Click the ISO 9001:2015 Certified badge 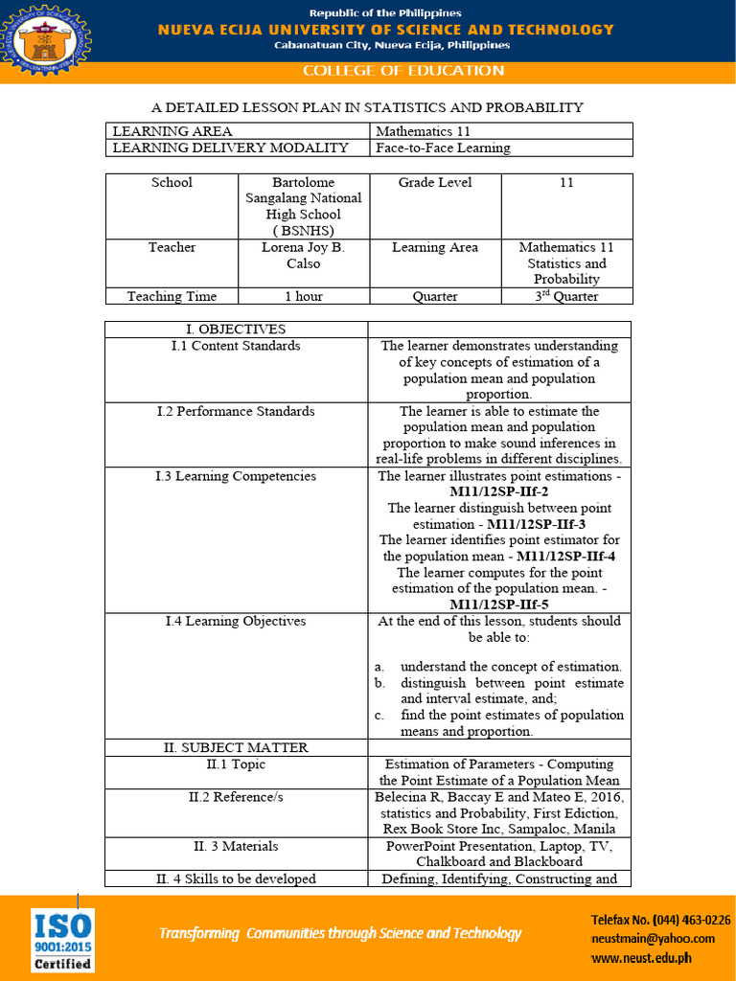tap(62, 940)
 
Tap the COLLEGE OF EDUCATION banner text tap(402, 71)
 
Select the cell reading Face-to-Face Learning tap(443, 148)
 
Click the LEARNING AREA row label tap(172, 131)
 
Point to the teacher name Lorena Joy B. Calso tap(303, 255)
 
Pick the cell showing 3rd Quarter tap(565, 296)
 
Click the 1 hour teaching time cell tap(303, 296)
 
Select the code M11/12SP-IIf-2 tap(499, 491)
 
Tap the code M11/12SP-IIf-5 tap(499, 605)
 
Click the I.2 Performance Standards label tap(236, 411)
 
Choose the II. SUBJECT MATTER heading tap(236, 747)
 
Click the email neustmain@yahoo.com tap(653, 939)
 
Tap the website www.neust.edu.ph tap(641, 957)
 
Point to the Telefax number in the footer tap(660, 920)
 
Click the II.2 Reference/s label tap(236, 796)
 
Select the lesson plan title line tap(368, 107)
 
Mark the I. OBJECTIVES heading tap(236, 329)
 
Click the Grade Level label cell tap(435, 182)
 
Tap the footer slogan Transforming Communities tap(340, 933)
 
